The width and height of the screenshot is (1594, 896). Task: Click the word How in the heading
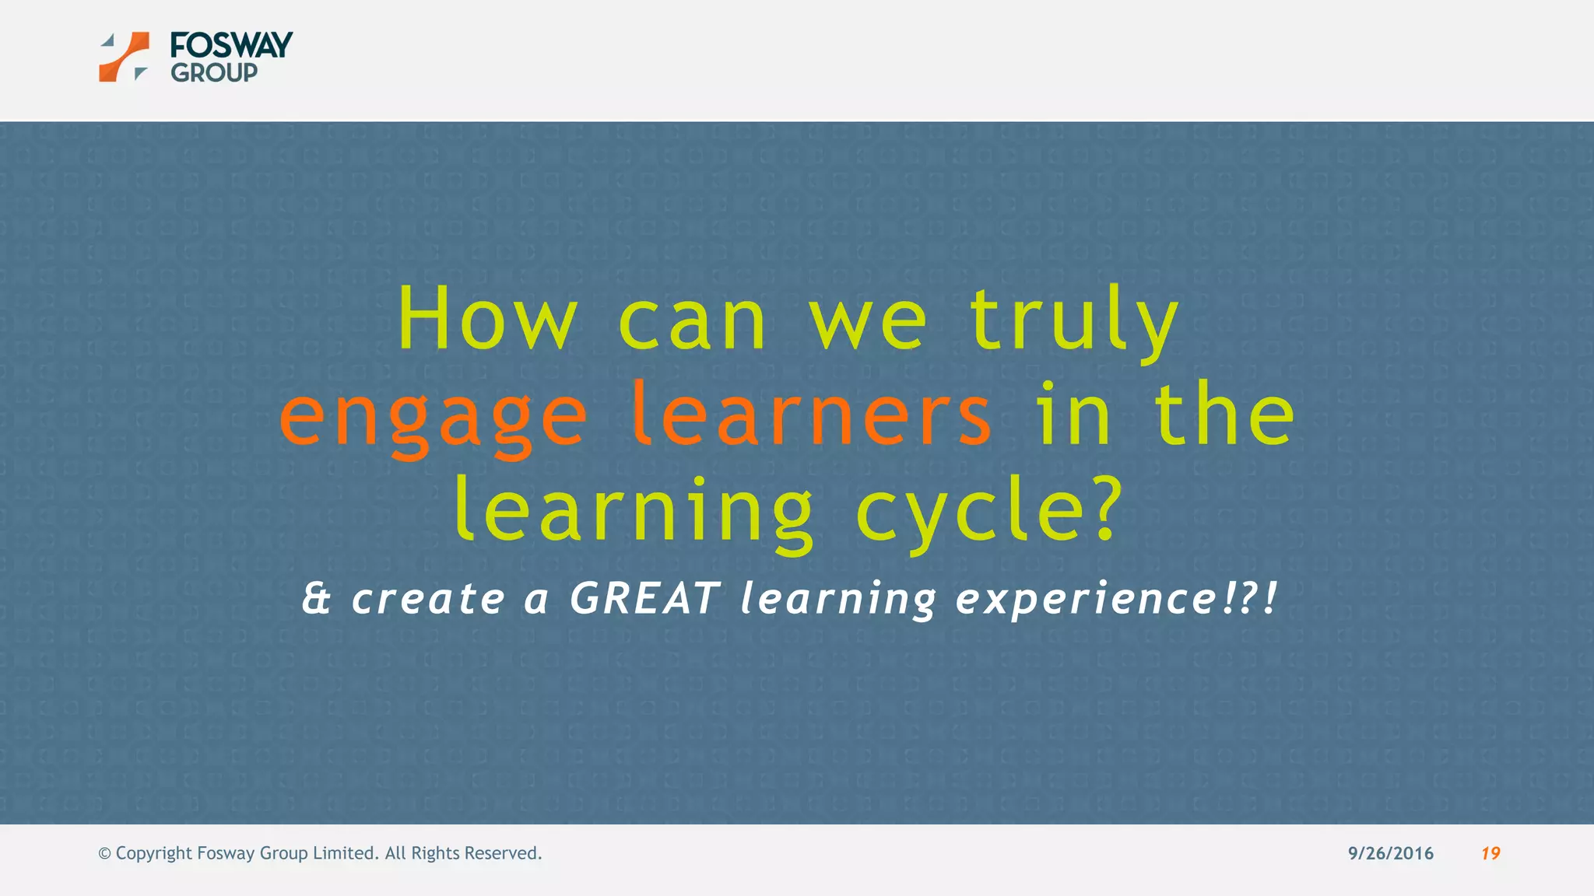tap(487, 319)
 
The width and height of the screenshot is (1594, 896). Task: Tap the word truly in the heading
tap(1074, 319)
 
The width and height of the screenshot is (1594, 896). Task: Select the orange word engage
tap(433, 416)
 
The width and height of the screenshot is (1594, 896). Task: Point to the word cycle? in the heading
tap(988, 512)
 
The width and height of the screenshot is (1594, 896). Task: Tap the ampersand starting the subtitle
tap(316, 599)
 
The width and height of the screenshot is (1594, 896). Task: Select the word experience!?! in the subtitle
tap(1116, 599)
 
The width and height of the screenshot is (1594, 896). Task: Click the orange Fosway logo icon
tap(124, 57)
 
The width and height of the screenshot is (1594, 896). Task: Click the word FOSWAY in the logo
tap(231, 45)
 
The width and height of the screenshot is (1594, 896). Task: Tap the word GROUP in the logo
tap(214, 73)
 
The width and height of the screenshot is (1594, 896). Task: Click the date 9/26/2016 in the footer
tap(1390, 853)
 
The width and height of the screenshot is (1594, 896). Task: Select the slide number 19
tap(1490, 853)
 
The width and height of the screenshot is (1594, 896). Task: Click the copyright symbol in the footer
tap(104, 853)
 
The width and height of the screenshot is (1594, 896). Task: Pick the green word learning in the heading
tap(634, 512)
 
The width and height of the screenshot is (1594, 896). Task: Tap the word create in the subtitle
tap(428, 599)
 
